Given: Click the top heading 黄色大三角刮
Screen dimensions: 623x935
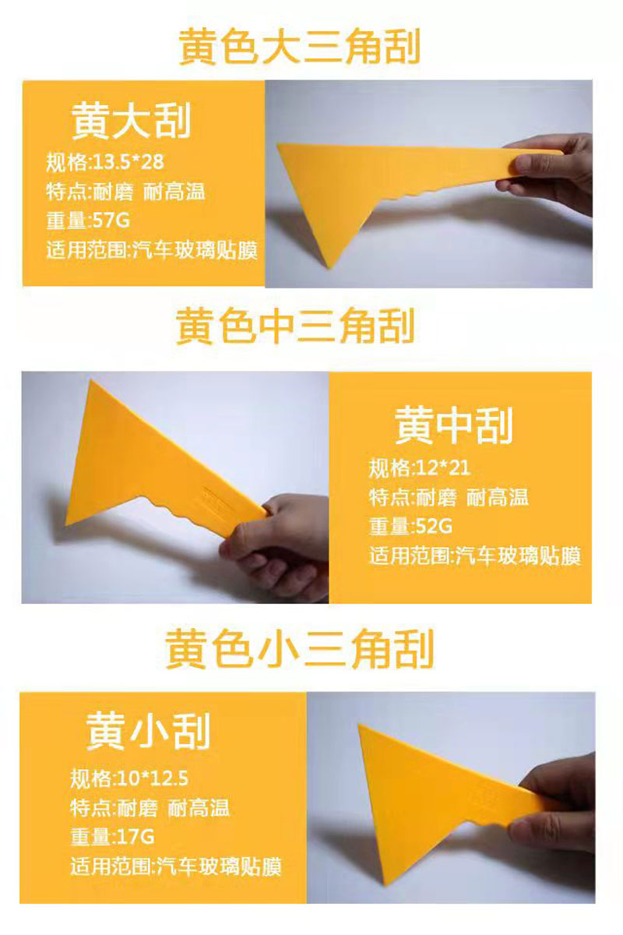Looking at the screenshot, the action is pyautogui.click(x=299, y=47).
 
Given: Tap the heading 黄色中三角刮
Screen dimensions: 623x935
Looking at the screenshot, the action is pyautogui.click(x=295, y=326).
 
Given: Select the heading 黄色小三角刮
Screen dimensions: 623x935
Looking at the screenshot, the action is pyautogui.click(x=299, y=648).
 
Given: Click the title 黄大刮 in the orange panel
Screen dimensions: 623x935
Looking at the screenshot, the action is pyautogui.click(x=131, y=121).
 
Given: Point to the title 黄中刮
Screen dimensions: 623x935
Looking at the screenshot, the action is pyautogui.click(x=453, y=426).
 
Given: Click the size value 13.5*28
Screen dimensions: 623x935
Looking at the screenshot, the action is pyautogui.click(x=128, y=162).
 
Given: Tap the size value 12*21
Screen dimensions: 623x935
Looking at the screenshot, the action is pyautogui.click(x=443, y=467).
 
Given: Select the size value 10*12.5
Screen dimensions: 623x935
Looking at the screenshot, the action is pyautogui.click(x=153, y=778).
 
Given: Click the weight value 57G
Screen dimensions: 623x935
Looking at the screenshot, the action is pyautogui.click(x=111, y=220).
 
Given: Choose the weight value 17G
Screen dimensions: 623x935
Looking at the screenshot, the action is pyautogui.click(x=136, y=837).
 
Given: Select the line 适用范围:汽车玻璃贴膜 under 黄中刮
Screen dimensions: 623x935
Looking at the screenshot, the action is pyautogui.click(x=475, y=556).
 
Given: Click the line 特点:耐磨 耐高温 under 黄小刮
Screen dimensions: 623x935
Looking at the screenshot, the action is pyautogui.click(x=150, y=808).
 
